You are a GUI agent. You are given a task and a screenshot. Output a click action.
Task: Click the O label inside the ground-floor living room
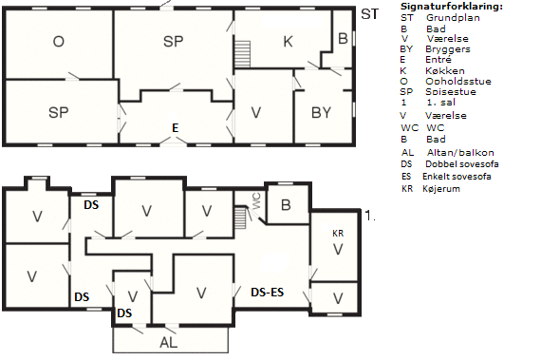tap(58, 42)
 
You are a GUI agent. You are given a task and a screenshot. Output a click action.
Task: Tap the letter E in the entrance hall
tap(175, 126)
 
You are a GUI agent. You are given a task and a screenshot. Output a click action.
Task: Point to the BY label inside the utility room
tap(321, 112)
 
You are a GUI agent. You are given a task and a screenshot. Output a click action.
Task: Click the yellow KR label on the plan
tap(337, 233)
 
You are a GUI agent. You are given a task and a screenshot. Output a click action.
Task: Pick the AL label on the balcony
tap(169, 341)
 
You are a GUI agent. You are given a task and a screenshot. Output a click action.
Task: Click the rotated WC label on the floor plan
tap(256, 202)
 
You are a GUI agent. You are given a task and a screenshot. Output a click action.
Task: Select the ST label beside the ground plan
tap(371, 14)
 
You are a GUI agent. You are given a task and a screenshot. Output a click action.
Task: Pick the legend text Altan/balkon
tap(460, 152)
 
